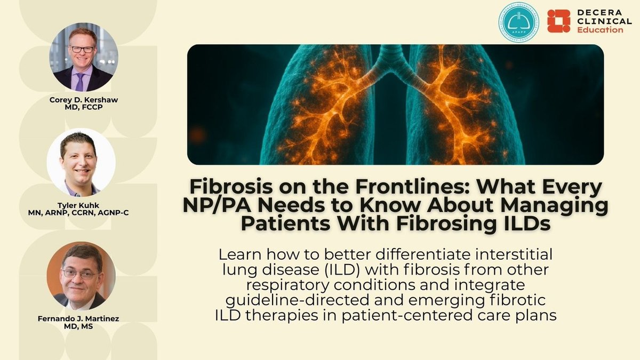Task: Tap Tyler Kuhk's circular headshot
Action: point(81,163)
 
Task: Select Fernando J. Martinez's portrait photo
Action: point(81,276)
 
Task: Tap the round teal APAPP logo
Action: point(518,22)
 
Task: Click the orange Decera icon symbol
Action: point(558,21)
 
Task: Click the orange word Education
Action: point(600,30)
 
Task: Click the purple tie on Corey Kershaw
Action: point(80,81)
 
